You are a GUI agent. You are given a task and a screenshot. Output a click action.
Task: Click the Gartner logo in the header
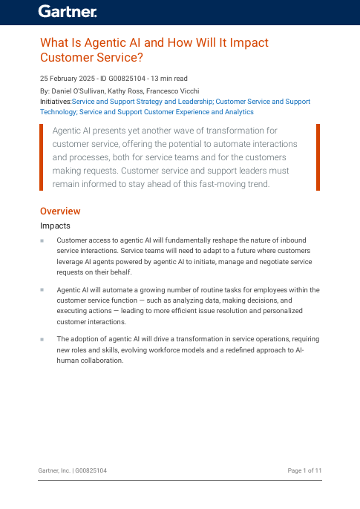(x=68, y=11)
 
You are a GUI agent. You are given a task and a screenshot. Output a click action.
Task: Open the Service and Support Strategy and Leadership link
(x=142, y=101)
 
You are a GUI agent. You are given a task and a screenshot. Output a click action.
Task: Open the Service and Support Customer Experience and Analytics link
(x=166, y=112)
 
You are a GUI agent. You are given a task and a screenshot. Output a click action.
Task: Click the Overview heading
(x=60, y=211)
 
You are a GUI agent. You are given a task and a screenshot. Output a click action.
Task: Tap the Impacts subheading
(x=56, y=226)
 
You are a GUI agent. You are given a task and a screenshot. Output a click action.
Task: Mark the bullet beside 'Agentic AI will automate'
(x=42, y=290)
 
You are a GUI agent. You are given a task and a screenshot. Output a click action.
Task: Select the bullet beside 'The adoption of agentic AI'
(x=42, y=338)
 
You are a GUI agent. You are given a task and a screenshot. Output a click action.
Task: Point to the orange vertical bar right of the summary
(x=318, y=156)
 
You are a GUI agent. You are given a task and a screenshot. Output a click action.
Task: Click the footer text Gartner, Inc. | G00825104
(x=73, y=471)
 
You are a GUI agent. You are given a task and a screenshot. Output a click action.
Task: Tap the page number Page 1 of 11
(x=304, y=471)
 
